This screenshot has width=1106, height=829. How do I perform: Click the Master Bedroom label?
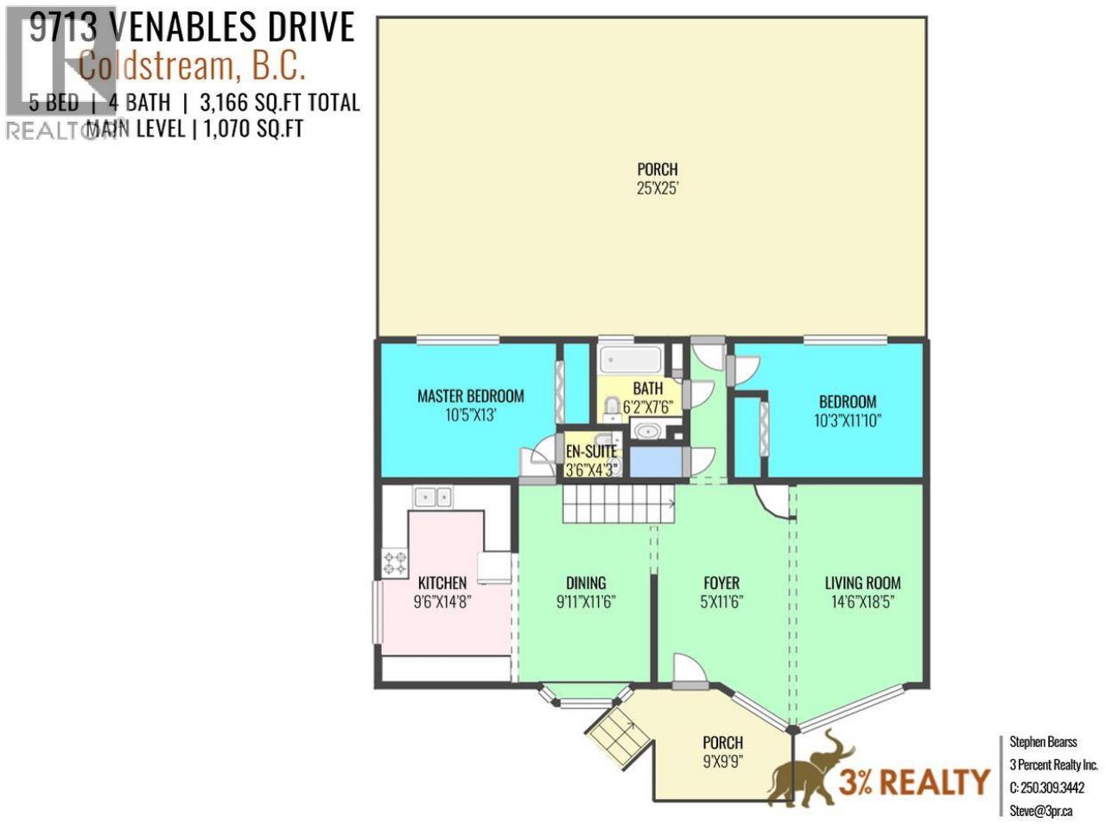click(x=470, y=396)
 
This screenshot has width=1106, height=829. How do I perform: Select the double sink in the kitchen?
click(x=432, y=497)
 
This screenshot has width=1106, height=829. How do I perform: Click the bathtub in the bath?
click(x=631, y=360)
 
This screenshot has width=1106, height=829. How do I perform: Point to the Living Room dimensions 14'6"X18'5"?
click(x=862, y=602)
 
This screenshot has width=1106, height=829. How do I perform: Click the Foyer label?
click(x=721, y=583)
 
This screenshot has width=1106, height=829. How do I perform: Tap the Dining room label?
click(x=586, y=583)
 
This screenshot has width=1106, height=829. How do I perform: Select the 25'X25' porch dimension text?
click(x=657, y=188)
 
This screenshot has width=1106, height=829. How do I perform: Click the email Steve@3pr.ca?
click(x=1040, y=811)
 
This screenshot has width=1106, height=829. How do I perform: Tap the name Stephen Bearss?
click(x=1043, y=742)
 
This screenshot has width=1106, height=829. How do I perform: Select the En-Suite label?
click(x=591, y=451)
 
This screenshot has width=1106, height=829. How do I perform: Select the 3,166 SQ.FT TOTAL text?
click(x=280, y=103)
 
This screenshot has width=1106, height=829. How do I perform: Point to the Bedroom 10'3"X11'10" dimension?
click(x=847, y=421)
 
